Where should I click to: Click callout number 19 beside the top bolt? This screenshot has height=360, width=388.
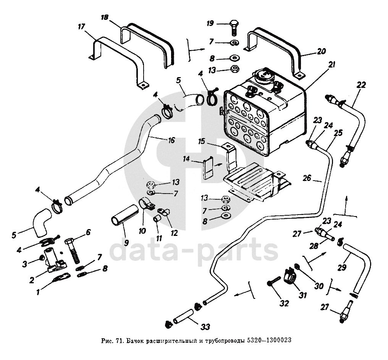210,24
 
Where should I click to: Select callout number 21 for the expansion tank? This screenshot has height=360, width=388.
331,65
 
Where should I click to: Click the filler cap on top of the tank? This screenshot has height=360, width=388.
263,74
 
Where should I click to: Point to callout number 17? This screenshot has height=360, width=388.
81,27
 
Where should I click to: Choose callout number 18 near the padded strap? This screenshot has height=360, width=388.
105,18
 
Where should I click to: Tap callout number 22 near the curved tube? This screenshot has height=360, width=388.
361,84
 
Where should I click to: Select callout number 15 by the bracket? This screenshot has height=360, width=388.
202,142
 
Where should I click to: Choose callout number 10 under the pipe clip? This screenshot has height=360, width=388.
143,230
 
